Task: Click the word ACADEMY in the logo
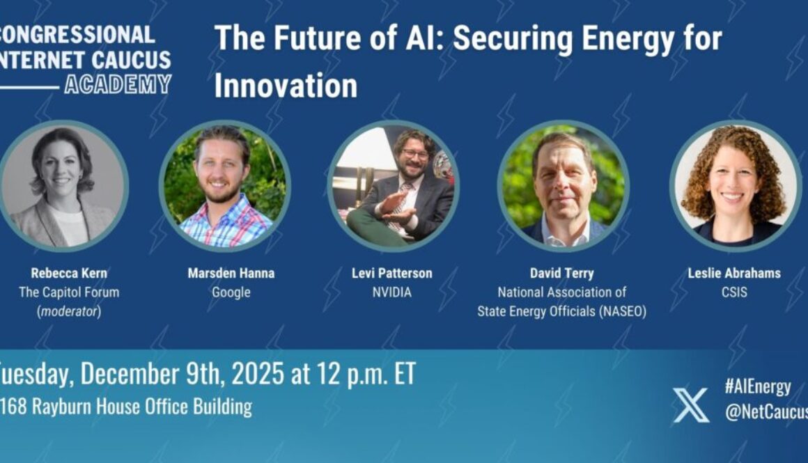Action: [118, 84]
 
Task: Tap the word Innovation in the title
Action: [286, 86]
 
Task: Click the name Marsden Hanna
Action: [231, 273]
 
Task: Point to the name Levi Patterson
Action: [392, 273]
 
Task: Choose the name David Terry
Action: [561, 273]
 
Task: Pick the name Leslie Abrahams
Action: [734, 273]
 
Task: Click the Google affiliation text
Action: [231, 292]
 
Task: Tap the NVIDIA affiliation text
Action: [392, 292]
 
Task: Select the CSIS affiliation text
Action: [734, 292]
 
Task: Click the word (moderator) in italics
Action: [68, 311]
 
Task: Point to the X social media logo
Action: [691, 405]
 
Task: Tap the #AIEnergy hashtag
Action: [757, 387]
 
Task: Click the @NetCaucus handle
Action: [766, 413]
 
